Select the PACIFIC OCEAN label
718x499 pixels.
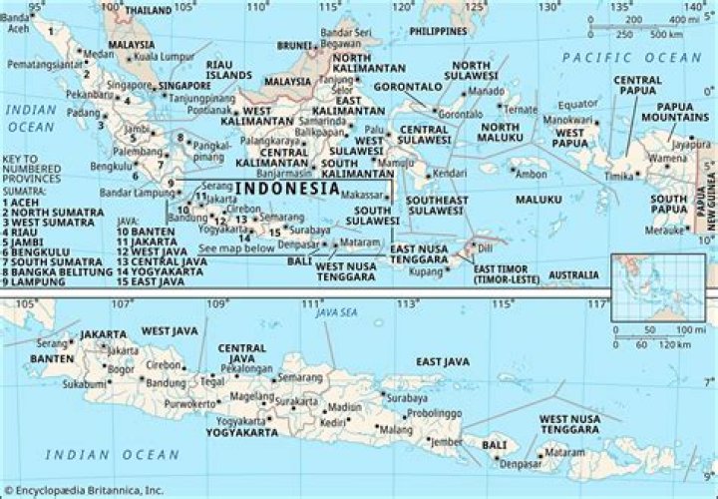coord(617,58)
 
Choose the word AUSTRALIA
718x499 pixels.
coord(576,273)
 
